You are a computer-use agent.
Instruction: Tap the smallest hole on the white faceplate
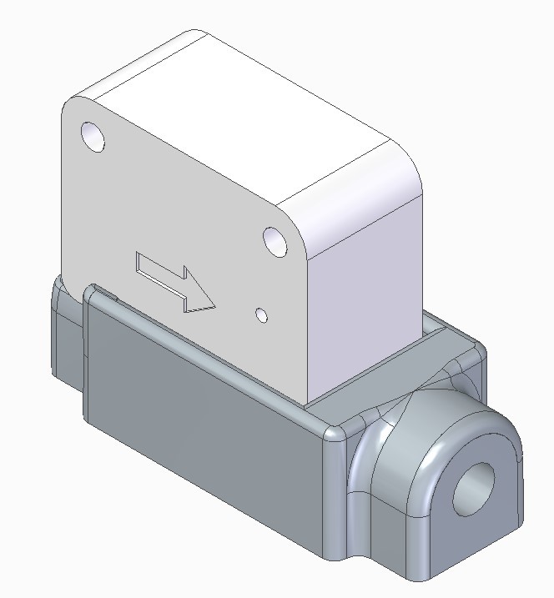pyautogui.click(x=261, y=315)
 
